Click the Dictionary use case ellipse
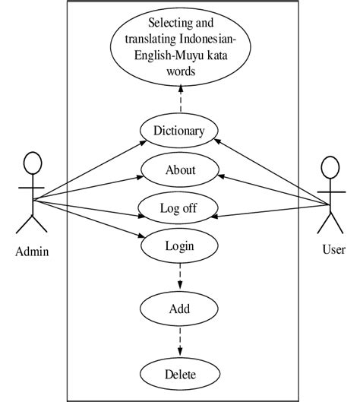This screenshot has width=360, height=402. click(x=180, y=131)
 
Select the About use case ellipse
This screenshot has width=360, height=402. click(x=180, y=169)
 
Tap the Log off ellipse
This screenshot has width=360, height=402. click(x=180, y=208)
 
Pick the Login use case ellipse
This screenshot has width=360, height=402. click(x=180, y=245)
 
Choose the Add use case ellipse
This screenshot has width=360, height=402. click(x=180, y=309)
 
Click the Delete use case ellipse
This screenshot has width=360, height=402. click(x=180, y=375)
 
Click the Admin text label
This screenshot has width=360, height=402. click(x=32, y=252)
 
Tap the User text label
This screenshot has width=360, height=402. click(x=333, y=249)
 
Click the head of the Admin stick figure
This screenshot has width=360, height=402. click(x=32, y=163)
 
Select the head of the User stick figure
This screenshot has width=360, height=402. click(x=331, y=166)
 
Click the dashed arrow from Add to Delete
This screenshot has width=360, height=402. click(x=180, y=342)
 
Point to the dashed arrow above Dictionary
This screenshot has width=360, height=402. click(x=181, y=99)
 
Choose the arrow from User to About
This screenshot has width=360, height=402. click(x=273, y=188)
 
